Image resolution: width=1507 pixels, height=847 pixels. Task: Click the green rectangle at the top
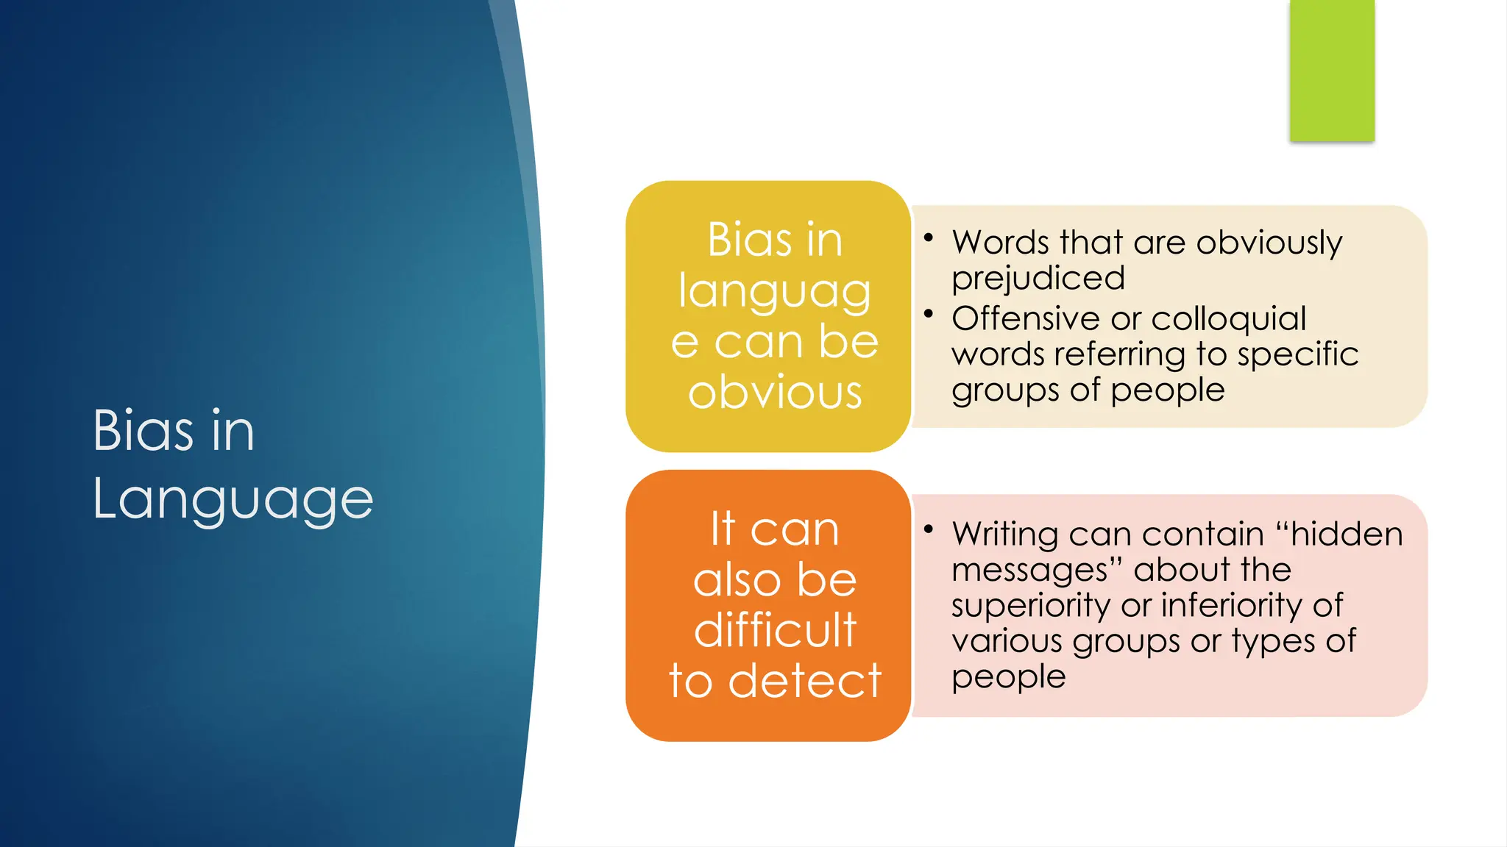coord(1332,70)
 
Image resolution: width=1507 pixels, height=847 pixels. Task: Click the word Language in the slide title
coord(233,499)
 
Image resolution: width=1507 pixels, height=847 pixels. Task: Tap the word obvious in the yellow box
coord(775,392)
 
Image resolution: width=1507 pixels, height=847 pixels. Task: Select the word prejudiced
coord(1038,279)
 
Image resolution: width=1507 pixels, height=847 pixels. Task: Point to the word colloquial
coord(1228,318)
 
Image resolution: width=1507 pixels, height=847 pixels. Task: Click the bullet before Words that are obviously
coord(929,237)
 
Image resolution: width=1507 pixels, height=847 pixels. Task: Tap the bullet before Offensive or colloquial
coord(929,314)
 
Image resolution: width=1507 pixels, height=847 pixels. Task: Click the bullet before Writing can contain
coord(929,529)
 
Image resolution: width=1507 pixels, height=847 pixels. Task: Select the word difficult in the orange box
coord(775,630)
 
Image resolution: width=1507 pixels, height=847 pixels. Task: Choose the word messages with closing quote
coord(1037,570)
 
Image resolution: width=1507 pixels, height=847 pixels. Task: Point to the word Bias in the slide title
coord(143,430)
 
